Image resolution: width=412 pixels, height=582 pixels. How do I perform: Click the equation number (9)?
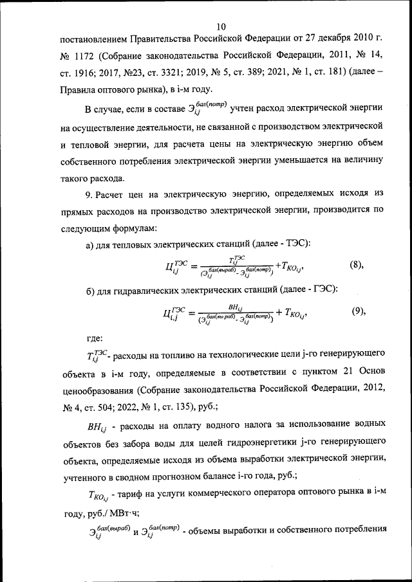point(359,311)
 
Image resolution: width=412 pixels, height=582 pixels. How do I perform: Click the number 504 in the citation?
point(124,406)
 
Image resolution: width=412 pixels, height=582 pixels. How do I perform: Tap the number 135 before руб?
point(223,406)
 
